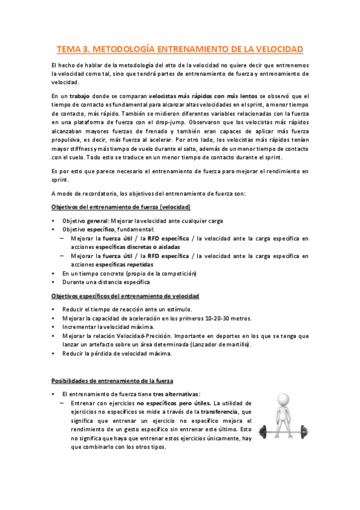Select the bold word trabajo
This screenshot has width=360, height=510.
(x=82, y=96)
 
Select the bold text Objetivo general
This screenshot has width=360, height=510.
(x=84, y=221)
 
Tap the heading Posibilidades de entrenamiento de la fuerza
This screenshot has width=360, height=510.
(x=112, y=381)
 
